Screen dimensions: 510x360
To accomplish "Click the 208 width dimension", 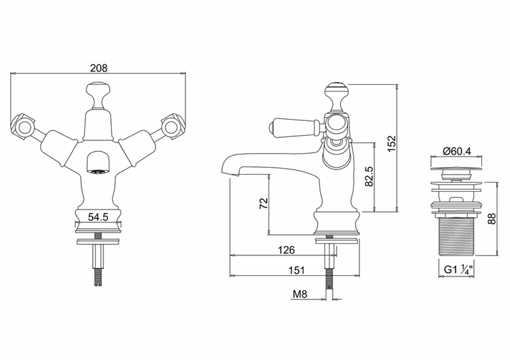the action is [x=99, y=68].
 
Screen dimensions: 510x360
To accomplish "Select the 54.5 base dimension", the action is [x=98, y=217].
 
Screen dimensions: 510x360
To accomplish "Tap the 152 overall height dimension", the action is [x=391, y=143].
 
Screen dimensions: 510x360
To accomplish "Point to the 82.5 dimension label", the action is [x=369, y=176].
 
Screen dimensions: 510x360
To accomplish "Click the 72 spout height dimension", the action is [x=264, y=204].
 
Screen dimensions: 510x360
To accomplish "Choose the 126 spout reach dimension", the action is [x=286, y=250].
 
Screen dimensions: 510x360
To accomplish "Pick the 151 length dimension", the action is [x=297, y=270].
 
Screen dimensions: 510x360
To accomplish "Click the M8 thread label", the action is [x=300, y=294].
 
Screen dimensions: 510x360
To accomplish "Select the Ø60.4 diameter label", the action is [x=456, y=151].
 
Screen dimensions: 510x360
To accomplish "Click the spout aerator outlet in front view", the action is [x=99, y=172].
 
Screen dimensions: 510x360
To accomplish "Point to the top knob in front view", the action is [x=98, y=96].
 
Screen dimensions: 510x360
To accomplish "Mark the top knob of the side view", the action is [x=338, y=96].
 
